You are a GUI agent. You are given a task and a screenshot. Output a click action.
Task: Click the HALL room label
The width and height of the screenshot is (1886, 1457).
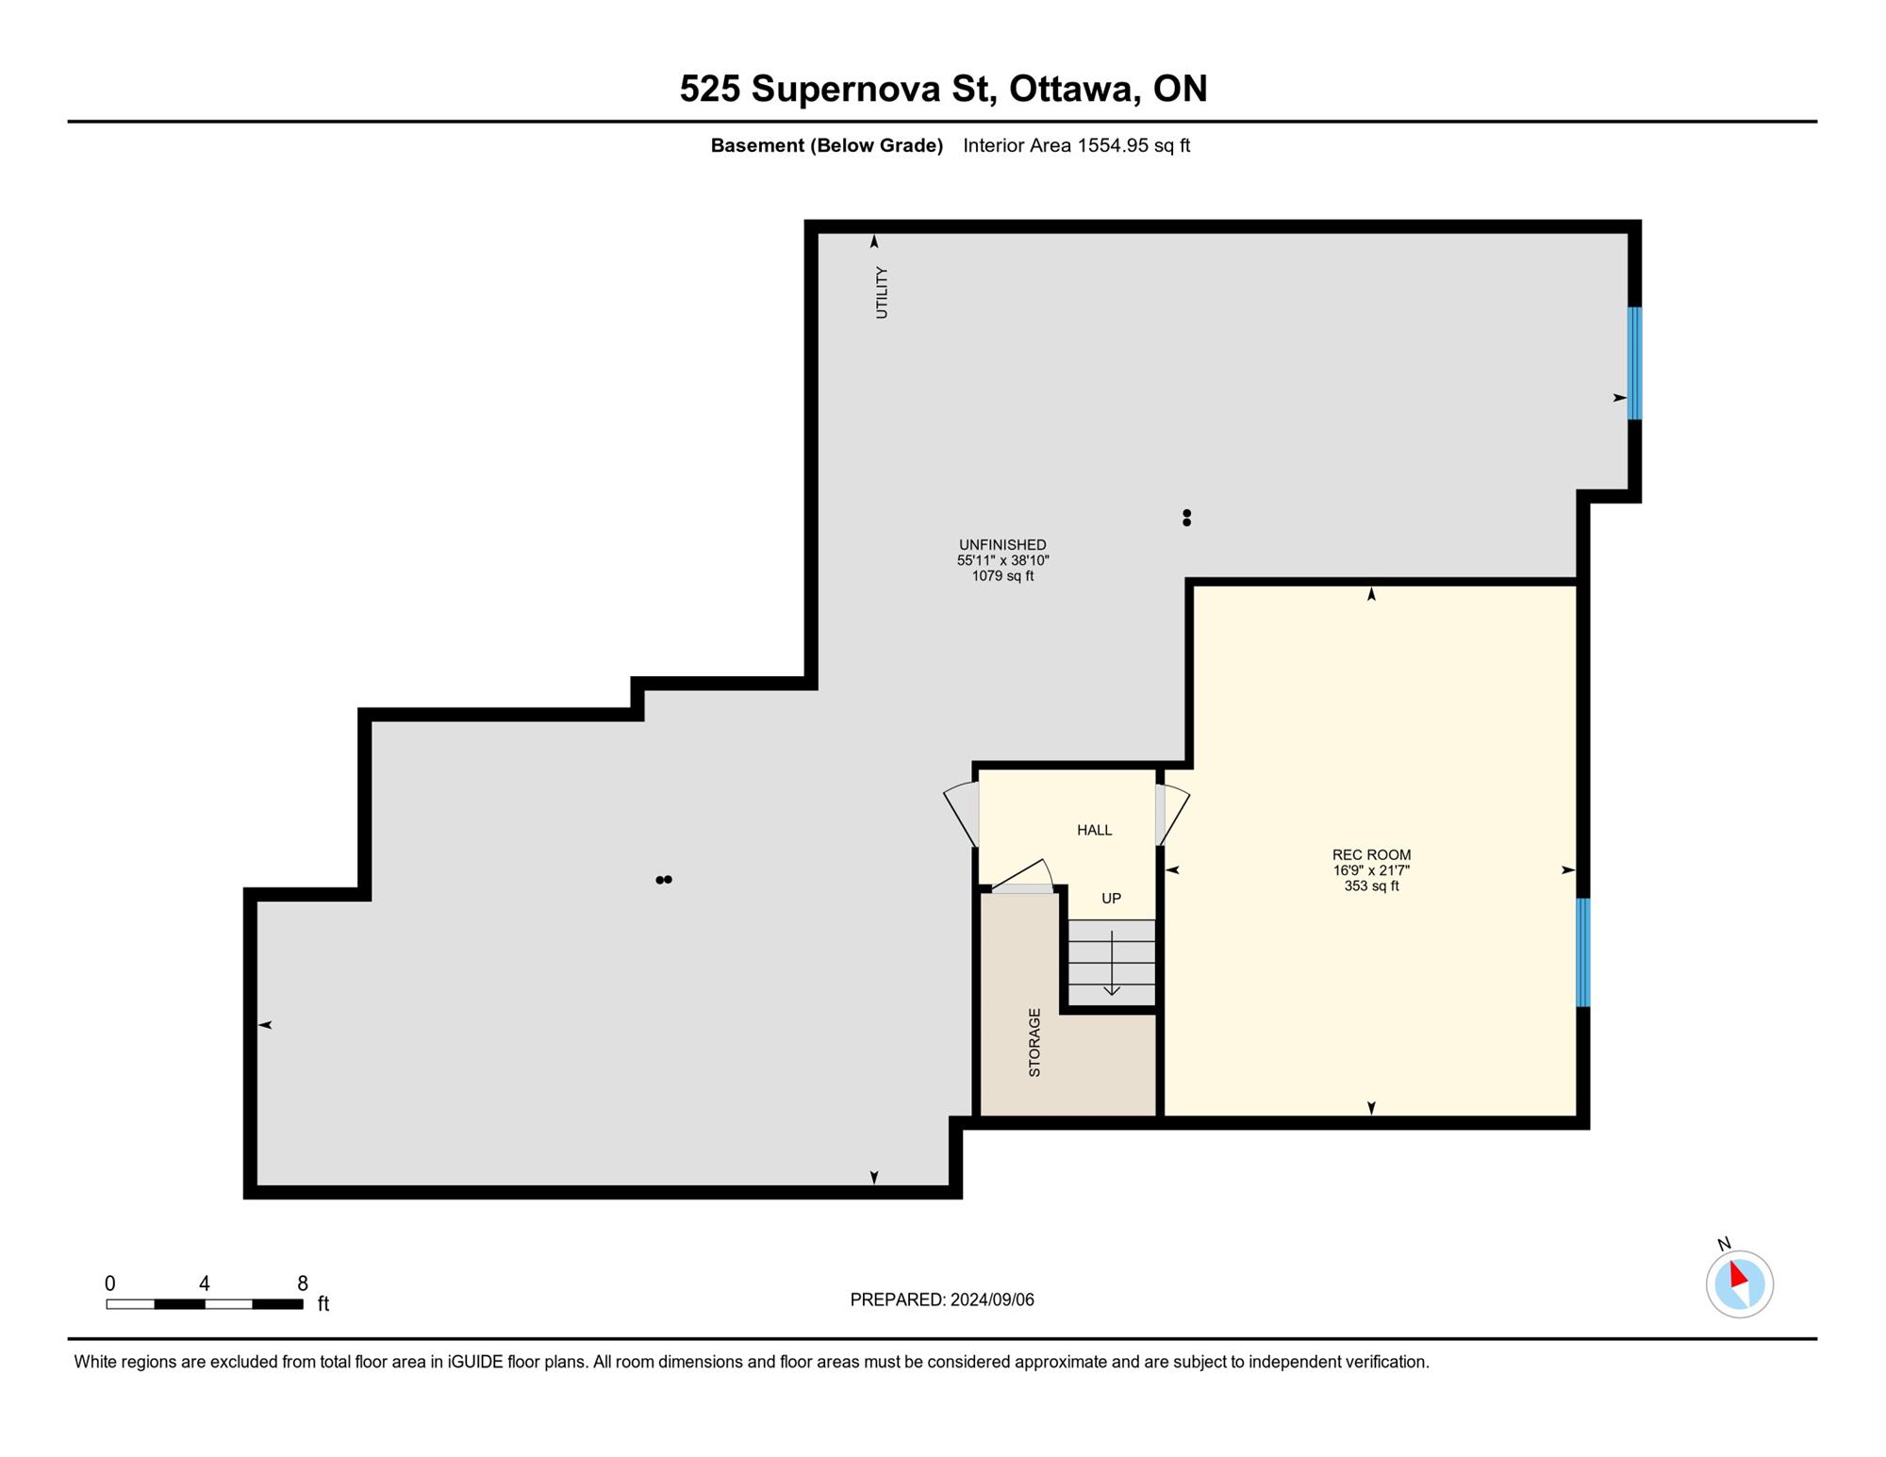tap(1094, 830)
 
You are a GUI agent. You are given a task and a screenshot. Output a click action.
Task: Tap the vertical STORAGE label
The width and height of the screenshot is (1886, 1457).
tap(1034, 1042)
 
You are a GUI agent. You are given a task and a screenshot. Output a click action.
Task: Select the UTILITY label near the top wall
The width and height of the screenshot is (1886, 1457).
tap(882, 292)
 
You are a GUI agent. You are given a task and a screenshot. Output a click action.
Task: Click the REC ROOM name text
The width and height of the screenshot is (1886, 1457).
tap(1371, 855)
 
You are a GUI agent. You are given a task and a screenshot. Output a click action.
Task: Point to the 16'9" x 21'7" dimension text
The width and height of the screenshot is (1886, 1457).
tap(1371, 870)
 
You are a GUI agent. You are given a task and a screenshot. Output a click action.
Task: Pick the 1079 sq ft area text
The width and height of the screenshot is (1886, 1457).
tap(1002, 575)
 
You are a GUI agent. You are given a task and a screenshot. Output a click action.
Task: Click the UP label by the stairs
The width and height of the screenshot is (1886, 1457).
tap(1112, 899)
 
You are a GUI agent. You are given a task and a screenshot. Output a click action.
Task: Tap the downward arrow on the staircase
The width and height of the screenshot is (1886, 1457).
tap(1112, 963)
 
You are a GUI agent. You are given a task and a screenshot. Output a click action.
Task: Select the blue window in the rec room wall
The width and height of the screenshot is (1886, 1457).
tap(1583, 952)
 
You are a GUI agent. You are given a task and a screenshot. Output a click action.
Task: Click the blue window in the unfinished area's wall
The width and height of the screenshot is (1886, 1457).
tap(1634, 363)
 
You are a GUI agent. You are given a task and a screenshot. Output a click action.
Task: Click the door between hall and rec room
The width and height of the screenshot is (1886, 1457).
tap(1171, 815)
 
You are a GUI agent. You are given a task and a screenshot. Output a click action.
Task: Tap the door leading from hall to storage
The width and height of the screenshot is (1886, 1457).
tap(1022, 876)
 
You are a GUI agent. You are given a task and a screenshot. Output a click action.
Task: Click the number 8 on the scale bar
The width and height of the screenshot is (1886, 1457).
tap(303, 1283)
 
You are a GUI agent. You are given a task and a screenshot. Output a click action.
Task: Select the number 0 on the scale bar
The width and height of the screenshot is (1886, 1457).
tap(110, 1283)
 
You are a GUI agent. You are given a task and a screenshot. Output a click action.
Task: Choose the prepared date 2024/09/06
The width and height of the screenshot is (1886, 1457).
tap(992, 1300)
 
